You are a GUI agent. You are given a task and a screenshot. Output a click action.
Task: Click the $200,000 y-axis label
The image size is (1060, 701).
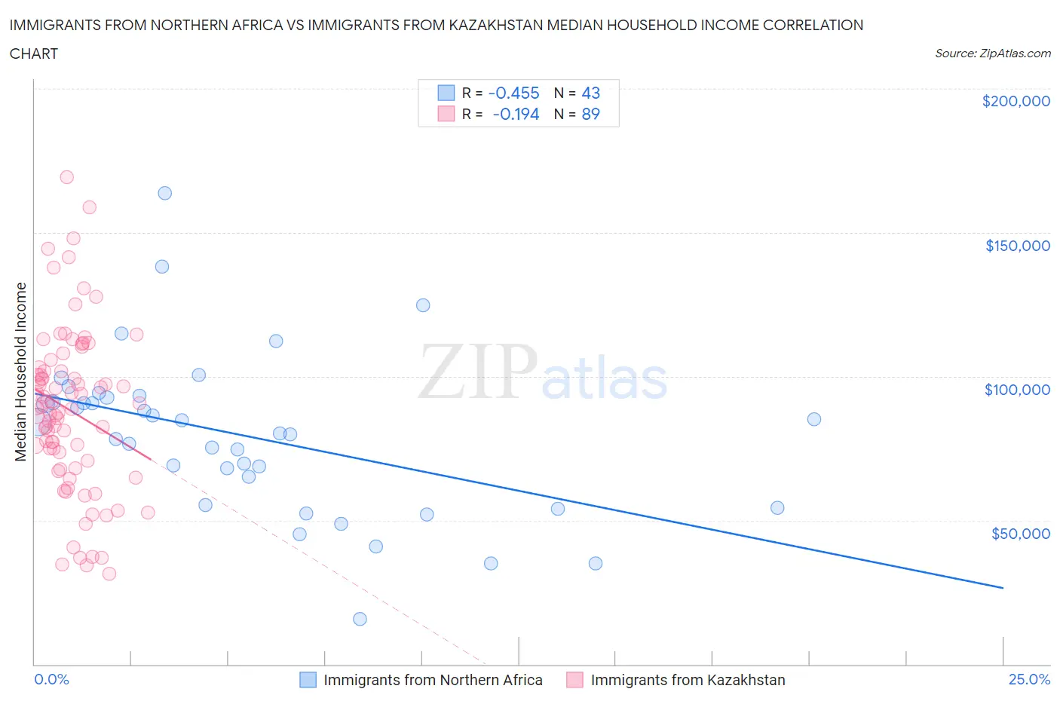pyautogui.click(x=1016, y=101)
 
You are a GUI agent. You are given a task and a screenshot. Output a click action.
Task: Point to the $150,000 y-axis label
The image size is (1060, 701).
pyautogui.click(x=1017, y=245)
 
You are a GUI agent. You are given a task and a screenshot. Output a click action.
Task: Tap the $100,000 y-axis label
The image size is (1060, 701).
pyautogui.click(x=1017, y=389)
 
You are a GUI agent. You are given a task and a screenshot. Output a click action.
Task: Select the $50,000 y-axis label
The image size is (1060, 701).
pyautogui.click(x=1020, y=533)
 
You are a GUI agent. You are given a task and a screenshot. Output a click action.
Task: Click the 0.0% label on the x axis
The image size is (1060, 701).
pyautogui.click(x=51, y=679)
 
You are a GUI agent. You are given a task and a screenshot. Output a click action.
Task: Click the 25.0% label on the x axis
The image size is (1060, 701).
pyautogui.click(x=1029, y=679)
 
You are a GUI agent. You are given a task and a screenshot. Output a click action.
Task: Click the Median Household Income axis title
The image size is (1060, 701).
pyautogui.click(x=20, y=372)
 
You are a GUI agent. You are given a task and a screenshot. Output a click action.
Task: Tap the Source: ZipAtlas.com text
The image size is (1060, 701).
pyautogui.click(x=992, y=53)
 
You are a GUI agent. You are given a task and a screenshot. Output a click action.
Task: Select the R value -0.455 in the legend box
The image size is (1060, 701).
pyautogui.click(x=513, y=93)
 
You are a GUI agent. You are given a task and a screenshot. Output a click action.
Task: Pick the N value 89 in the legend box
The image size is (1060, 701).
pyautogui.click(x=590, y=114)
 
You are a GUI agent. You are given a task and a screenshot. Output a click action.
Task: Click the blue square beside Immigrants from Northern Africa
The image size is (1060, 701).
pyautogui.click(x=308, y=680)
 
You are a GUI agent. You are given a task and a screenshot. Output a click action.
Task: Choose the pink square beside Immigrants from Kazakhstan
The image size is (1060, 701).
pyautogui.click(x=574, y=680)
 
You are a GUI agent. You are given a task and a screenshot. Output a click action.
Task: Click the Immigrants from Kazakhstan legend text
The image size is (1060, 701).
pyautogui.click(x=688, y=680)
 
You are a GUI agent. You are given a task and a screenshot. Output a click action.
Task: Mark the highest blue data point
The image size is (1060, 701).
pyautogui.click(x=164, y=193)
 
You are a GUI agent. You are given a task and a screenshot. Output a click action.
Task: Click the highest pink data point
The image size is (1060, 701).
pyautogui.click(x=66, y=177)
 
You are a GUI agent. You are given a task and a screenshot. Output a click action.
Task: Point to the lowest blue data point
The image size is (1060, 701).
pyautogui.click(x=360, y=619)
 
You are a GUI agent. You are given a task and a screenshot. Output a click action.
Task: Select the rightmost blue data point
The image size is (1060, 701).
pyautogui.click(x=813, y=419)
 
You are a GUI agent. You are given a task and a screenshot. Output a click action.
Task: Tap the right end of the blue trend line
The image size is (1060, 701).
pyautogui.click(x=1003, y=587)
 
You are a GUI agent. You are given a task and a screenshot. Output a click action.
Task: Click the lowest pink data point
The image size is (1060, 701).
pyautogui.click(x=109, y=574)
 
